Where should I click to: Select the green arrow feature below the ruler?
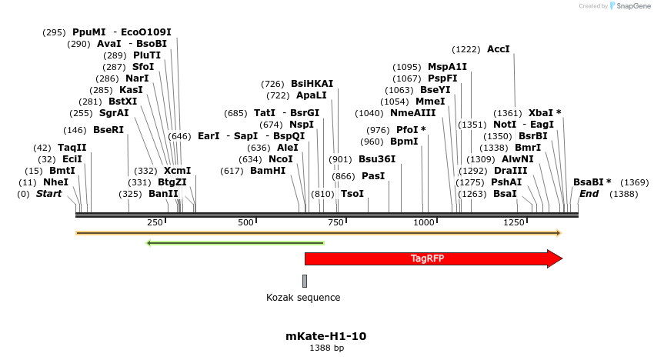click(235, 243)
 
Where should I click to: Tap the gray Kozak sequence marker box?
click(305, 281)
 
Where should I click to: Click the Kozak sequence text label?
click(303, 298)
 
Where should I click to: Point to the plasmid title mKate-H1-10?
click(326, 336)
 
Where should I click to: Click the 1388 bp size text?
click(326, 348)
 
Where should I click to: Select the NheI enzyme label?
click(55, 182)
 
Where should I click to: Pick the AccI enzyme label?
click(499, 49)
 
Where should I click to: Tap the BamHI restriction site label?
click(268, 171)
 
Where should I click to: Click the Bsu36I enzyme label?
click(377, 159)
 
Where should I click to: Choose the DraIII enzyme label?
click(511, 171)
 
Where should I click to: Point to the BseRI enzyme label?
click(108, 130)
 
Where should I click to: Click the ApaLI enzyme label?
click(312, 95)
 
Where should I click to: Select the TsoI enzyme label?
click(352, 194)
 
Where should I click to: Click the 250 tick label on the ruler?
click(155, 222)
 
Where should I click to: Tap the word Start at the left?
click(49, 194)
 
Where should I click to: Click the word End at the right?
click(589, 194)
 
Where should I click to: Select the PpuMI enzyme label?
click(89, 32)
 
